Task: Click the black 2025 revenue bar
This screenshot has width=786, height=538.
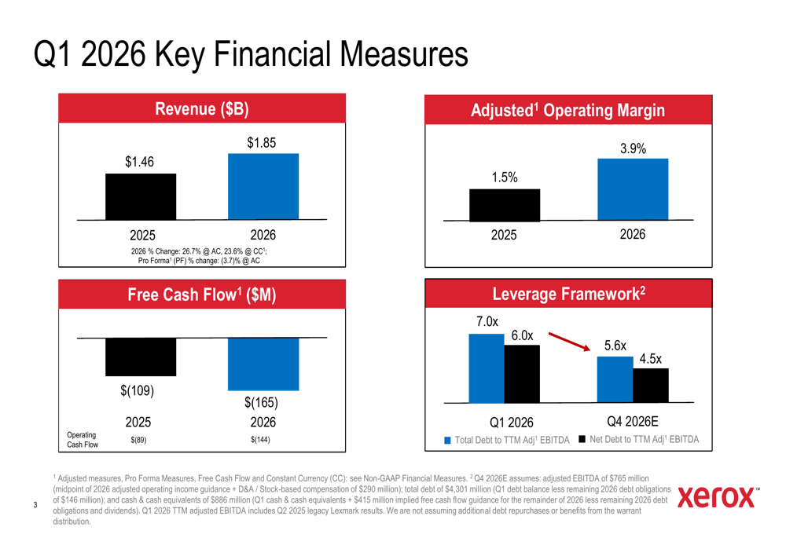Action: click(141, 196)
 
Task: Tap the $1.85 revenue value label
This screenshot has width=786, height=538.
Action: click(263, 143)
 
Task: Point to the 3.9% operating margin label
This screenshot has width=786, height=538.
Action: click(633, 148)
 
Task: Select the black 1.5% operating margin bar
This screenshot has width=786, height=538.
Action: click(505, 205)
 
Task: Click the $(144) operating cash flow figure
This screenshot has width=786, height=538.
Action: click(260, 440)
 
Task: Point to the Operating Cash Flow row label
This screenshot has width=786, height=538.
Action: click(83, 440)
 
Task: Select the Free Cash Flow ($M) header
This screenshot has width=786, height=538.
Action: click(202, 295)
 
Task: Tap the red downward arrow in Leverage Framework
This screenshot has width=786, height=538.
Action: click(570, 343)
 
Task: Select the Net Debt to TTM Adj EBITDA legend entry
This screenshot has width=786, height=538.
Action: click(638, 439)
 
